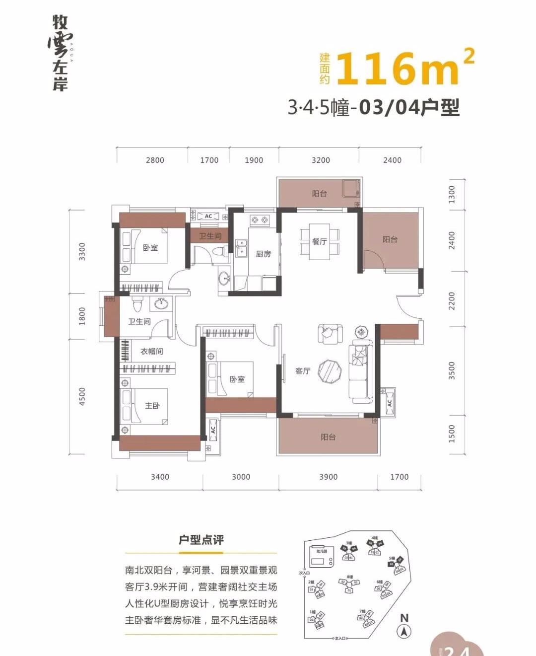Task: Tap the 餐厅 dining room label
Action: coord(319,241)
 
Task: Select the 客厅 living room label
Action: coord(302,371)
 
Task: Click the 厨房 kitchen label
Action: coord(263,254)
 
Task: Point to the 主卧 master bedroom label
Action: coord(152,406)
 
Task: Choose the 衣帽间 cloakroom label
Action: coord(151,351)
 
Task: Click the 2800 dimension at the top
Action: coord(155,160)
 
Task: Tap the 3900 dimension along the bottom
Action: coord(328,477)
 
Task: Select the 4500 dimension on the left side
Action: coord(82,396)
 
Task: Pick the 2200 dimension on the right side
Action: coord(451,301)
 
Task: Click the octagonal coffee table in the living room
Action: coord(330,371)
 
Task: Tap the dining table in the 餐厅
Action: coord(320,241)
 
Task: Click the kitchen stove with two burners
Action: coord(259,219)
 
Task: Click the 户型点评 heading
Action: coord(201,540)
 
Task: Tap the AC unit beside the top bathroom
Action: coord(208,216)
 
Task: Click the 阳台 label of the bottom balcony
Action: coord(328,437)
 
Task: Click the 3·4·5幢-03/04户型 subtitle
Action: coord(373,107)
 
